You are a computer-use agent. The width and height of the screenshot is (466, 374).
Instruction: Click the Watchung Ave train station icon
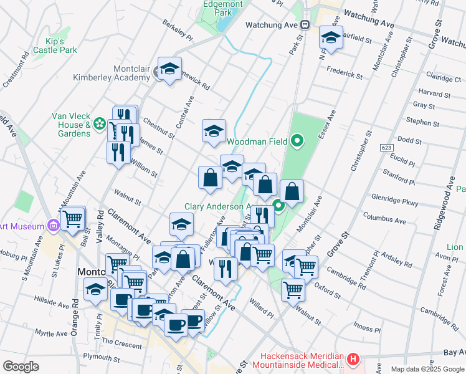tap(305, 25)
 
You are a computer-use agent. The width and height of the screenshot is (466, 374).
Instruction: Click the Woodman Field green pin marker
tap(297, 141)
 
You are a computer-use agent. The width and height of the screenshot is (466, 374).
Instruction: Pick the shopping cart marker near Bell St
tap(73, 218)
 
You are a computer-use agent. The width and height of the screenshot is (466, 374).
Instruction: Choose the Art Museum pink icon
tap(53, 226)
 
